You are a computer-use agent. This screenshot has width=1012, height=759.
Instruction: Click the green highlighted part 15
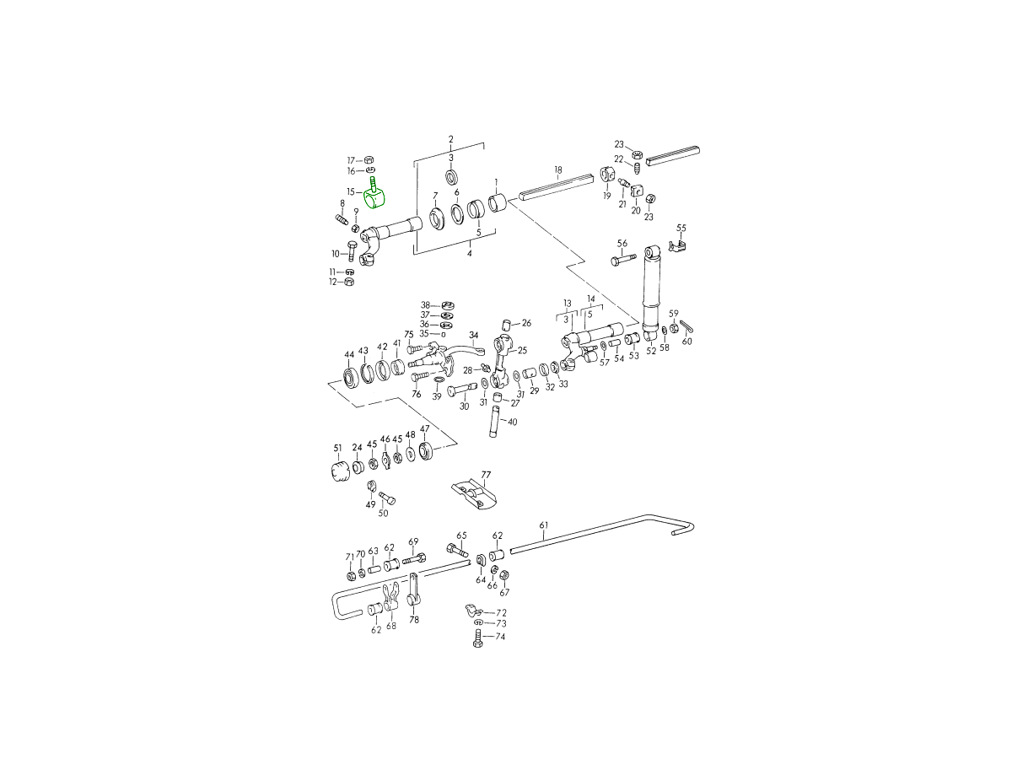tap(374, 197)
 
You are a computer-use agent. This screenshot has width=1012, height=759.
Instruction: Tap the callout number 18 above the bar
tap(558, 170)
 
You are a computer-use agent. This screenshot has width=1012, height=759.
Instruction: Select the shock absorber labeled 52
tap(652, 295)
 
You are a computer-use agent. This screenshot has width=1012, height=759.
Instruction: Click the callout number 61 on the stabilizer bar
tap(544, 525)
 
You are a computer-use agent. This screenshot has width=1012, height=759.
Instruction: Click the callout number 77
tap(486, 475)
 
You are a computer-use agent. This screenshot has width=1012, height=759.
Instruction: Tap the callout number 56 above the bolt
tap(622, 244)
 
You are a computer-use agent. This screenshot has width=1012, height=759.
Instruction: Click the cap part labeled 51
tap(339, 471)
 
